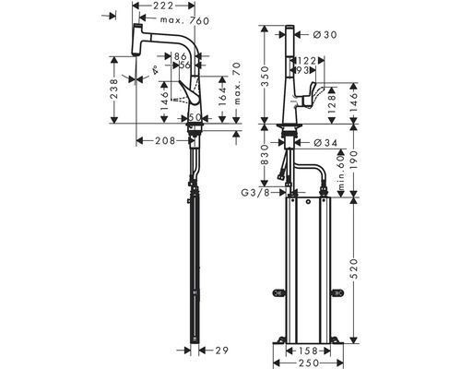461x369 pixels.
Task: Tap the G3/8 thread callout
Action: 253,192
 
